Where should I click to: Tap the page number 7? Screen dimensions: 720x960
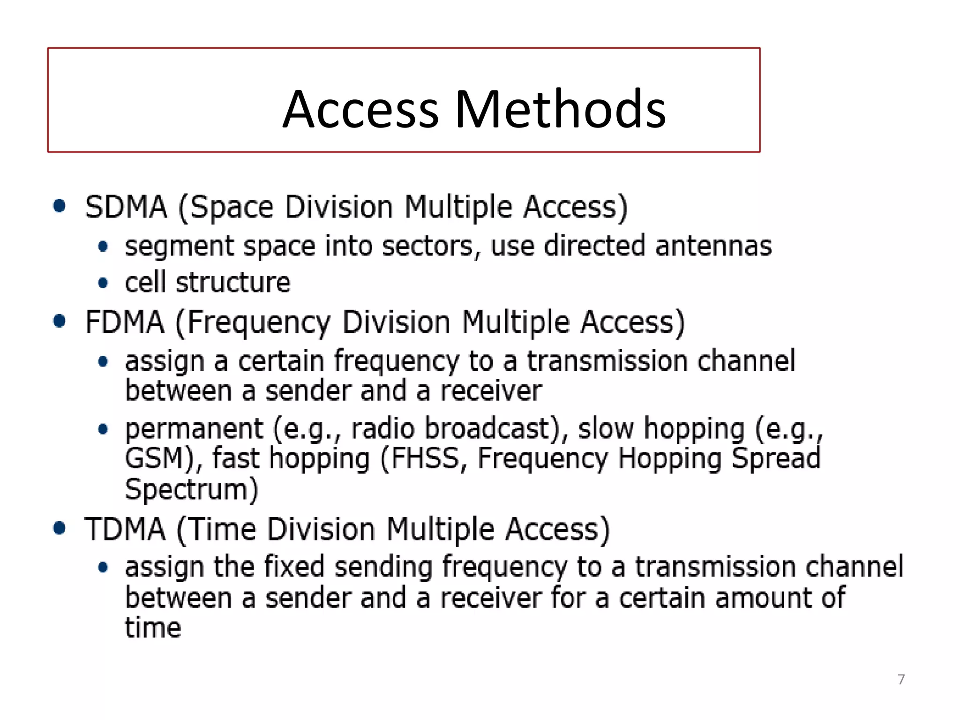[x=901, y=679]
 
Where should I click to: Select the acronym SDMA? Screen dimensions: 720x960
[x=126, y=207]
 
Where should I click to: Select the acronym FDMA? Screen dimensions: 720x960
[x=124, y=322]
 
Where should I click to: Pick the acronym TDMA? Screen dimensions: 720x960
[x=125, y=530]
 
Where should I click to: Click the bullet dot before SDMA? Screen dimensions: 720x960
[x=59, y=206]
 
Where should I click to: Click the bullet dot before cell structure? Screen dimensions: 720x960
[x=103, y=283]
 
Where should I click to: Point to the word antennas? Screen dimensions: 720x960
[x=713, y=246]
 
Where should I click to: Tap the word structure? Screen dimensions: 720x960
[x=233, y=283]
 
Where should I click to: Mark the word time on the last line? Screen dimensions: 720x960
[x=153, y=628]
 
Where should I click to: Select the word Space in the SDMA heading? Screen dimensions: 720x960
[x=232, y=208]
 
